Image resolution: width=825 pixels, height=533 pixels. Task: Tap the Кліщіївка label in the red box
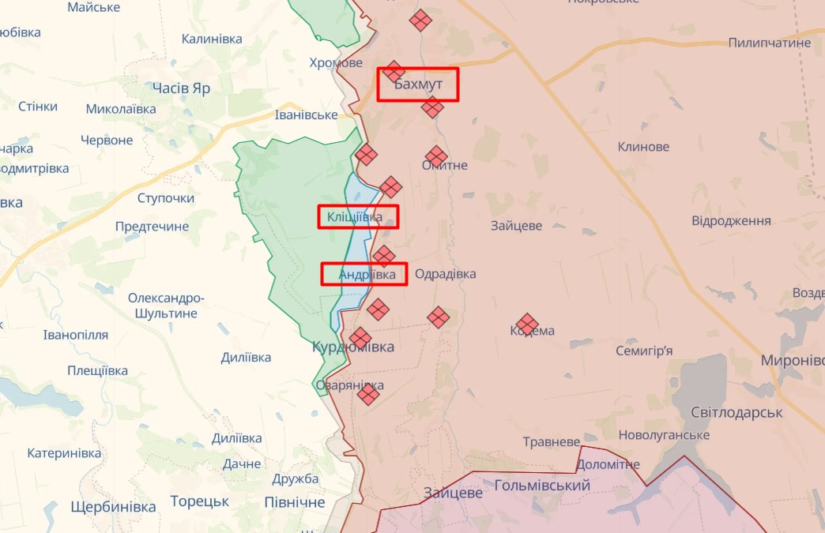click(x=355, y=216)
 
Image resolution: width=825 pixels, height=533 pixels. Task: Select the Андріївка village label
click(x=367, y=274)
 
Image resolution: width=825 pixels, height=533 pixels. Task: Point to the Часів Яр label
click(x=181, y=88)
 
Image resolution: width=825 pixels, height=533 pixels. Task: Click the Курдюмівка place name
click(x=352, y=347)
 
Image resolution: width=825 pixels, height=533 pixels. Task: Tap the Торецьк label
click(x=199, y=501)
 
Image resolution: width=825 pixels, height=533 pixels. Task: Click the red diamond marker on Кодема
click(x=527, y=325)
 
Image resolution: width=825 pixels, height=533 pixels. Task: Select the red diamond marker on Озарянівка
click(x=368, y=393)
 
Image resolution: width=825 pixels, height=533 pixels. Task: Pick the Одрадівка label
click(x=445, y=274)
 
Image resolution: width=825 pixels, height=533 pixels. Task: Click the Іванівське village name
click(x=306, y=115)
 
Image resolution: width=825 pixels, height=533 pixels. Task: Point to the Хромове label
click(x=336, y=63)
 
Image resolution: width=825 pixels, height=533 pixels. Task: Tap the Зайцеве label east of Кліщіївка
click(x=516, y=225)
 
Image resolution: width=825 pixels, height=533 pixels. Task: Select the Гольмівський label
click(x=542, y=485)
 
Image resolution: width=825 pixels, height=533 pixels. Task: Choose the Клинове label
click(x=643, y=147)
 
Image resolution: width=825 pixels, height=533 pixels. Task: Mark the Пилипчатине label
click(x=769, y=43)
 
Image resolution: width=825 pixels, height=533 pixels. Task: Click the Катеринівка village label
click(x=64, y=453)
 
